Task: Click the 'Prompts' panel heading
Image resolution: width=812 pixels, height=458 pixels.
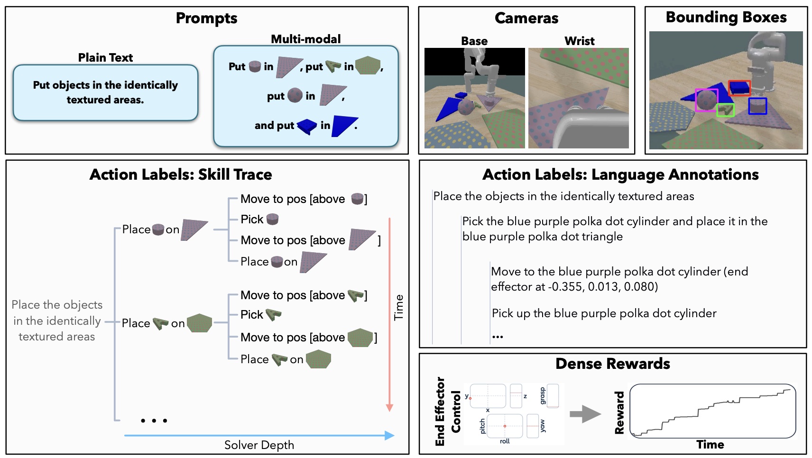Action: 206,18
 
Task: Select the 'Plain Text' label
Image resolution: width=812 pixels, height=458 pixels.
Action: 105,57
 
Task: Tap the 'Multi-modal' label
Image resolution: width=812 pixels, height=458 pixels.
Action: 305,39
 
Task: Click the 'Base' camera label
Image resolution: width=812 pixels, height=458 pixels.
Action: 474,41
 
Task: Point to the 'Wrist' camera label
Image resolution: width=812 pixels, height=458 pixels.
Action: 579,41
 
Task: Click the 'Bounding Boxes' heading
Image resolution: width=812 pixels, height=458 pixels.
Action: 726,17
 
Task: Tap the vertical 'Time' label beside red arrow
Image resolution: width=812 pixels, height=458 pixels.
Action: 399,307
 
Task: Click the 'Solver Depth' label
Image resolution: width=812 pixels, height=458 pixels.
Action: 259,445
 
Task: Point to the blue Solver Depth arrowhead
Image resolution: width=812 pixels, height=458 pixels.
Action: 389,435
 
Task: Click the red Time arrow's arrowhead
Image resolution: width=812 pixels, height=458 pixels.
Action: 389,408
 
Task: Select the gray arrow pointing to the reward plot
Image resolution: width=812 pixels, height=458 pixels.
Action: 585,414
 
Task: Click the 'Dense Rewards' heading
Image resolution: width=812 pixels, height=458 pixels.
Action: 612,364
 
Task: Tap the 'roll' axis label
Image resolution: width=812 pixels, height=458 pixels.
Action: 505,441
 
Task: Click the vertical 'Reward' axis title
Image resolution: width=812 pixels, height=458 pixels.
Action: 619,412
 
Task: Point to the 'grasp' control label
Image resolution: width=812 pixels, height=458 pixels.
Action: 543,395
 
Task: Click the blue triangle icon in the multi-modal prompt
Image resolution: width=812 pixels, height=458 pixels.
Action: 344,126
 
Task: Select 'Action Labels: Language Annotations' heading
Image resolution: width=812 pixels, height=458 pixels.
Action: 620,174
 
